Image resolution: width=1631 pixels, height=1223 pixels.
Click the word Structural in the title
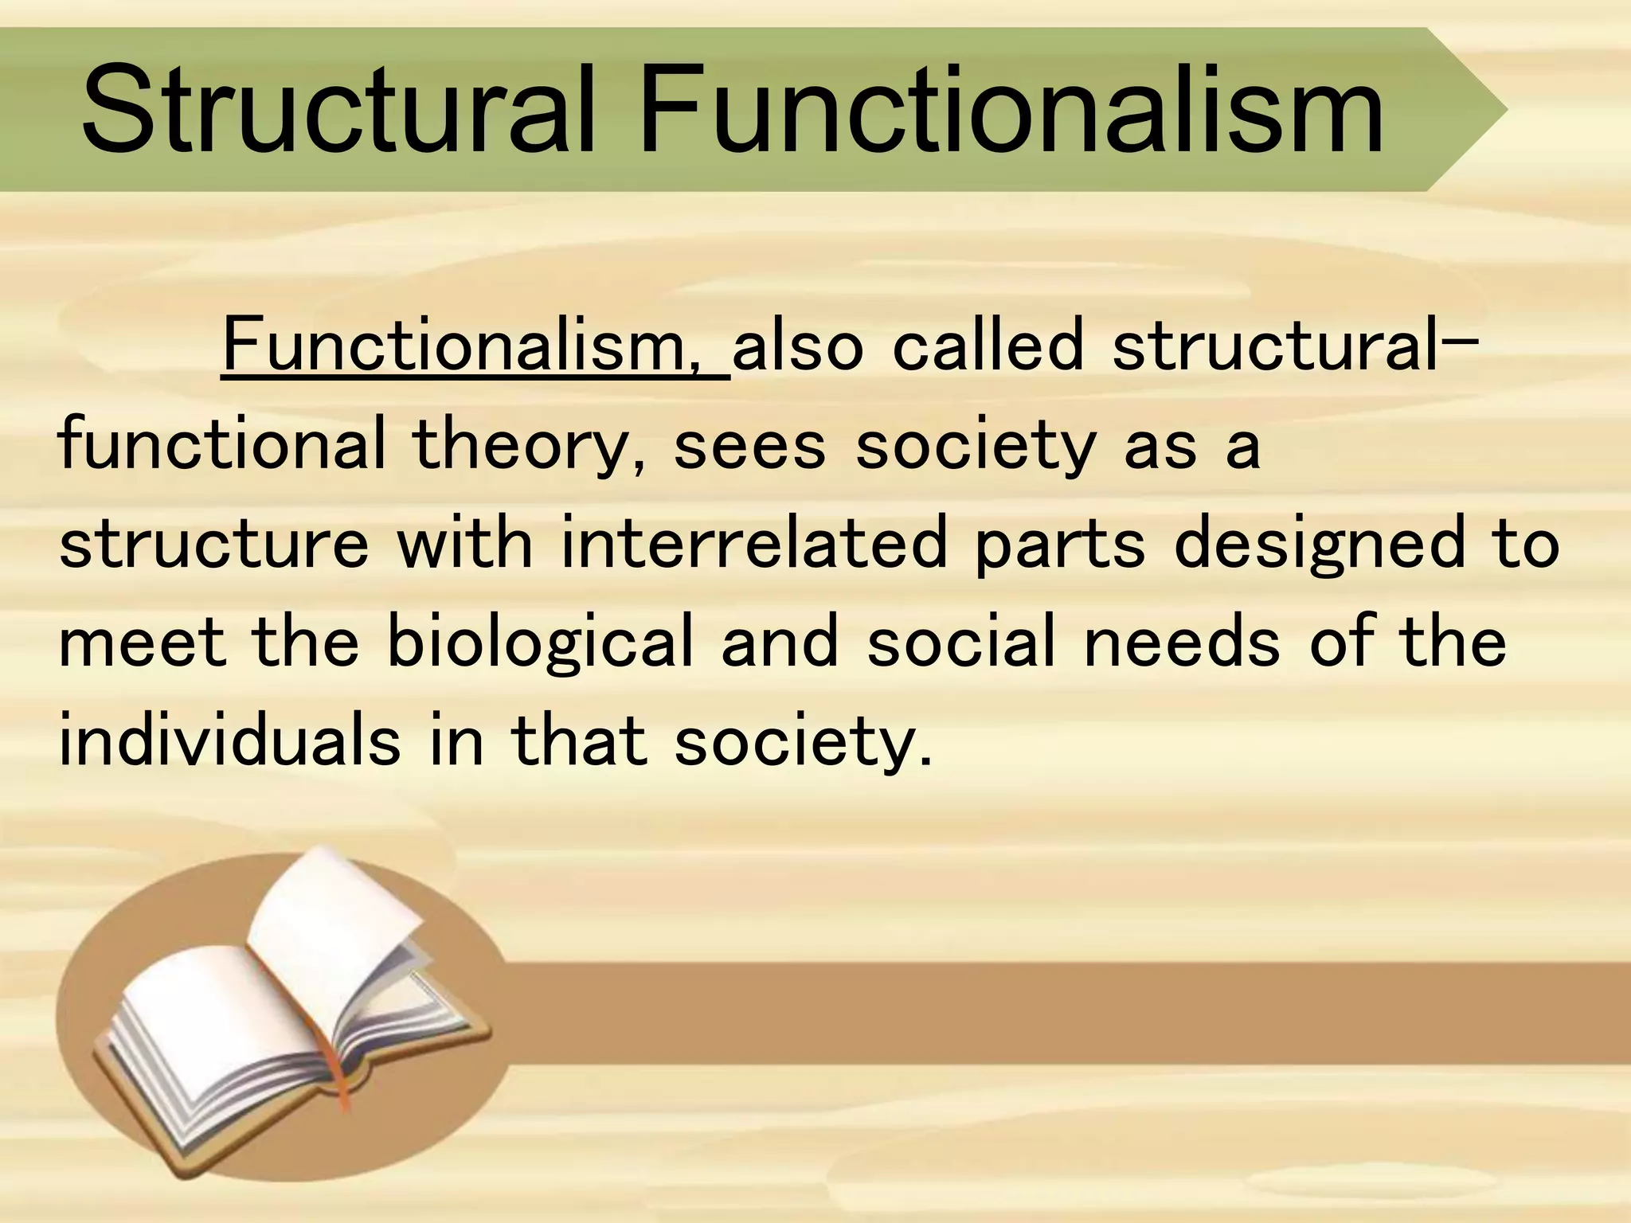338,111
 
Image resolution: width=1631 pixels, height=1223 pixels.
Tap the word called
988,346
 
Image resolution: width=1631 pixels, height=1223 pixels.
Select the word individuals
230,740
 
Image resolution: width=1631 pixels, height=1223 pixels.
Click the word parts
1059,545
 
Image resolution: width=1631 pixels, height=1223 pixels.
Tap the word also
797,346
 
